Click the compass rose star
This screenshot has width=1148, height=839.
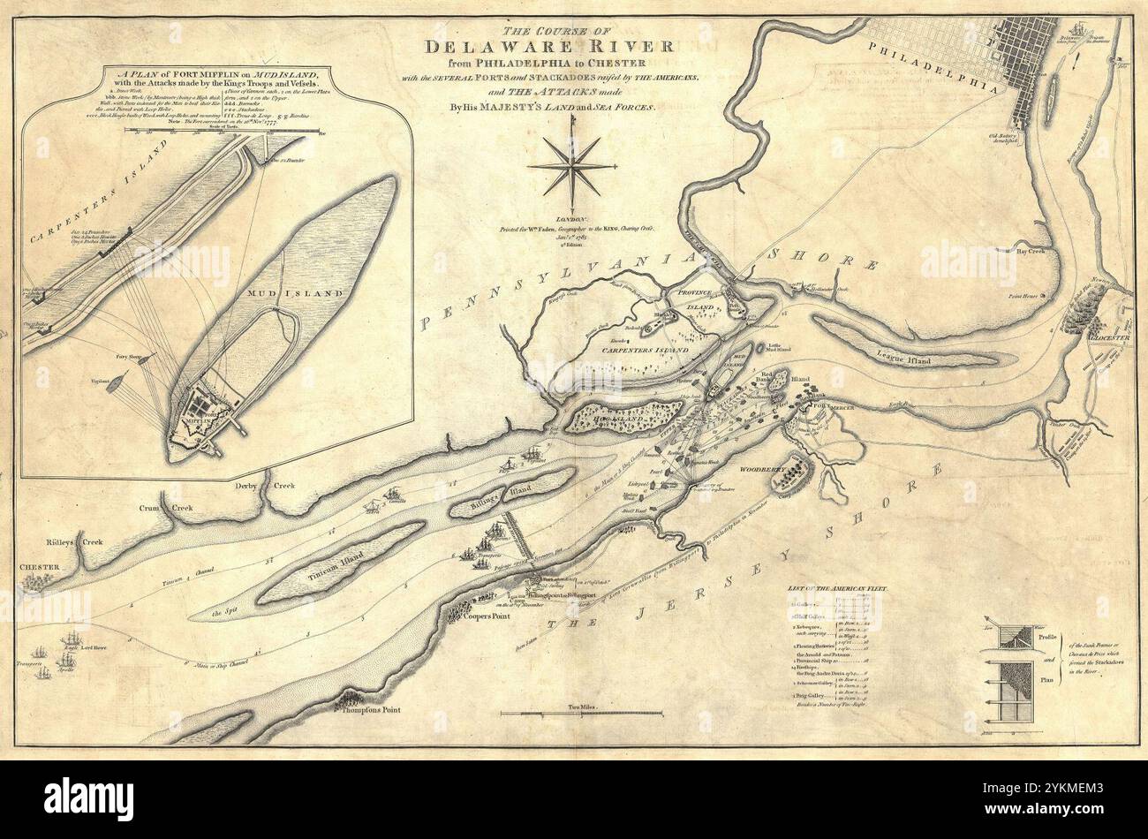pos(571,165)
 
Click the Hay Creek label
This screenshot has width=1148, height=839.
pos(1032,251)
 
